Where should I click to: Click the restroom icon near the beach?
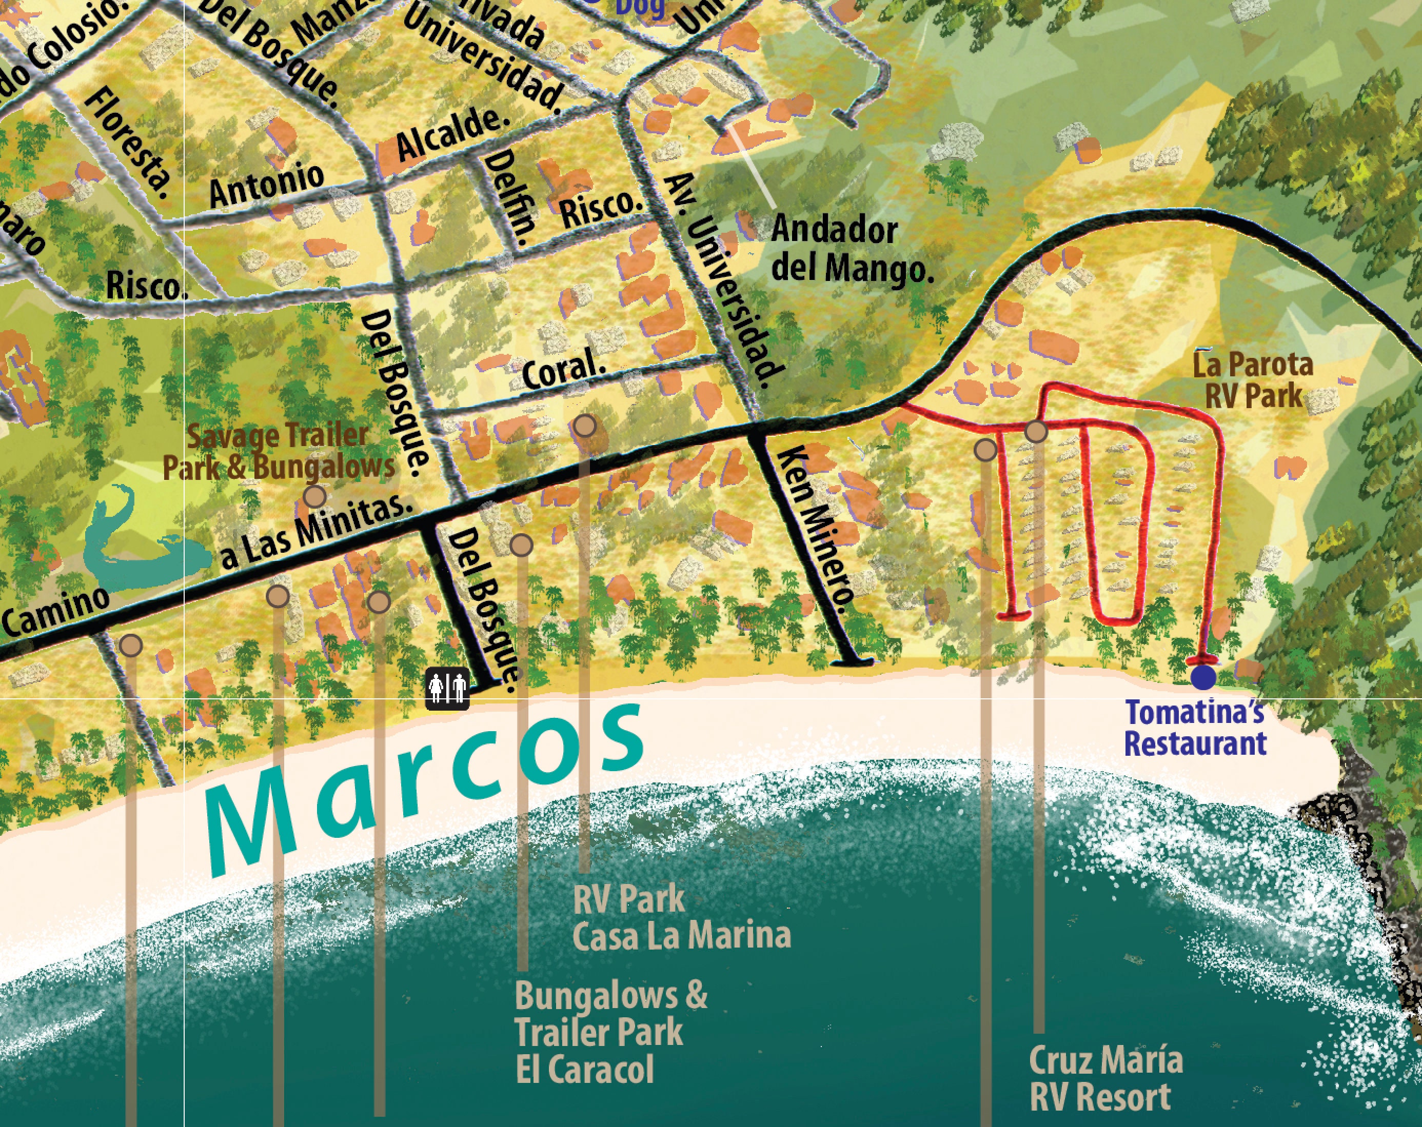point(448,689)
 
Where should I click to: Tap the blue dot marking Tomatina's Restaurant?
point(1203,677)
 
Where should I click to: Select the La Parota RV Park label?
point(1253,381)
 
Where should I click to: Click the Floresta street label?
point(127,144)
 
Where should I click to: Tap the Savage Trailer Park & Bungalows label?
point(279,451)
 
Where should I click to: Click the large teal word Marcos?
point(422,791)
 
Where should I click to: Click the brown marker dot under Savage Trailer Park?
point(315,496)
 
